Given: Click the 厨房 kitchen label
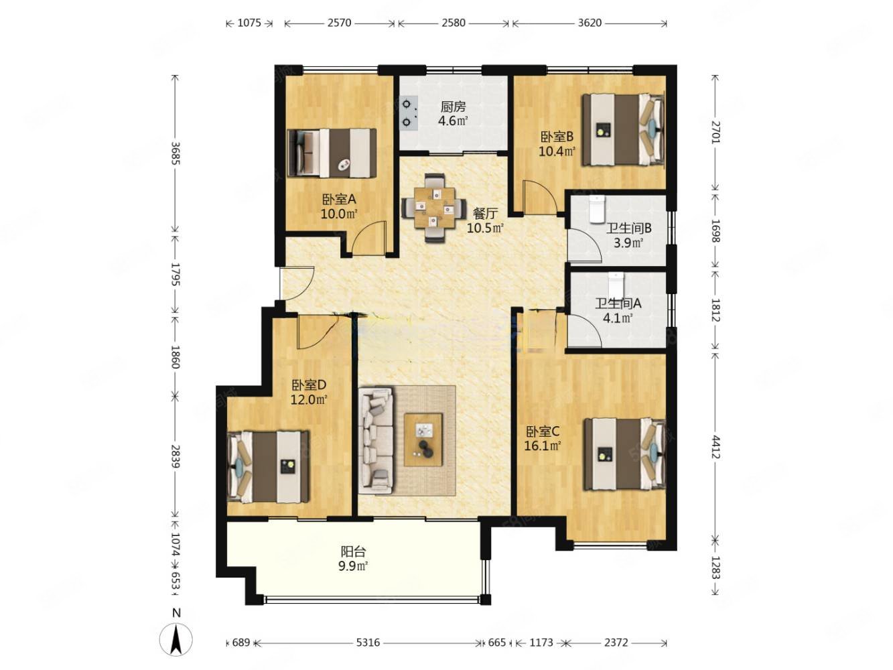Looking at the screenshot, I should [x=453, y=107].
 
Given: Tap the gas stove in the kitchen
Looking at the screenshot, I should [x=408, y=113].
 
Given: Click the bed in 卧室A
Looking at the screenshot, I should [x=332, y=152].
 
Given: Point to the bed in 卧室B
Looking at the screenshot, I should [x=622, y=129].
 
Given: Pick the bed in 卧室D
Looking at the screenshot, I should [x=269, y=467].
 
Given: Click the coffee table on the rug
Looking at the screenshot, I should [x=423, y=439].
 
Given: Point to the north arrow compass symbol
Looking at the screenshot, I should [x=176, y=639].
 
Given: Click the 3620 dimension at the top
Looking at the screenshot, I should [x=589, y=23].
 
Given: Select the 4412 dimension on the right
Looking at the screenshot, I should [x=715, y=447].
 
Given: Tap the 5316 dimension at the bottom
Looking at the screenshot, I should [x=368, y=643].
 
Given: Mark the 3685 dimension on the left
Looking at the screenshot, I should [x=175, y=154].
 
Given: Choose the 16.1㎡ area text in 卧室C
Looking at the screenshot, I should [x=543, y=445].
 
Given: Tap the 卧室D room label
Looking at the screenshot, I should [x=308, y=385].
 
